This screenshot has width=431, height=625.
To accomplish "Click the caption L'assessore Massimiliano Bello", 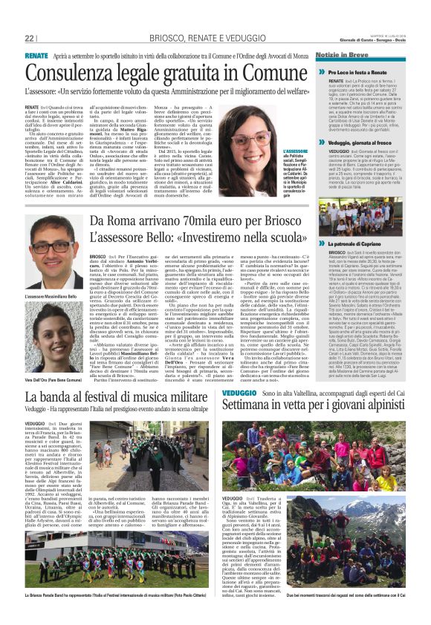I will [x=52, y=296].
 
